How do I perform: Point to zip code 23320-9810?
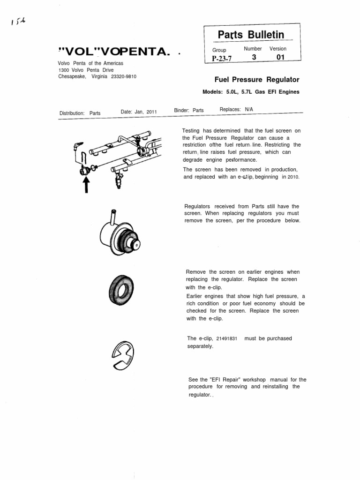pyautogui.click(x=124, y=76)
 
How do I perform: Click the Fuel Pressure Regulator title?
pyautogui.click(x=256, y=80)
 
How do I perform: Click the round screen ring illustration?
pyautogui.click(x=121, y=290)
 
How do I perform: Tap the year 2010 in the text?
pyautogui.click(x=293, y=178)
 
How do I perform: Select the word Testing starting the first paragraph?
pyautogui.click(x=192, y=131)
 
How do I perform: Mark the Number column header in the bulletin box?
pyautogui.click(x=253, y=49)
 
